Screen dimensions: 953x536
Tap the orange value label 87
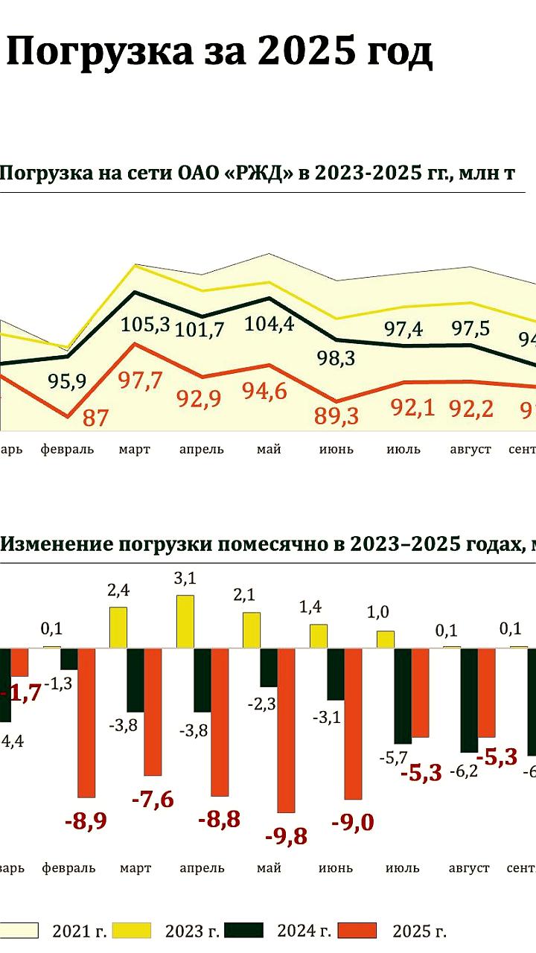(95, 418)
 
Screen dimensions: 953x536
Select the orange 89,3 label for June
(337, 415)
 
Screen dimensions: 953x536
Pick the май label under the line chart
(269, 450)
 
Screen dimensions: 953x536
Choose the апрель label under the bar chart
(202, 868)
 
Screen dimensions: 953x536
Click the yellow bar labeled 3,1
(185, 621)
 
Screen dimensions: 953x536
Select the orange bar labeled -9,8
(286, 730)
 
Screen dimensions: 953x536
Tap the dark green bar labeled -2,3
(268, 667)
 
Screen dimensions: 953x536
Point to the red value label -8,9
(86, 821)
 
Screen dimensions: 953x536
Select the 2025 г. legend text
(419, 931)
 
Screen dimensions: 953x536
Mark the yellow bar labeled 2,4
(118, 627)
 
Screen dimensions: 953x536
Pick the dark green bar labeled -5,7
(403, 695)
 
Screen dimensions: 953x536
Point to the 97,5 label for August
(470, 328)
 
